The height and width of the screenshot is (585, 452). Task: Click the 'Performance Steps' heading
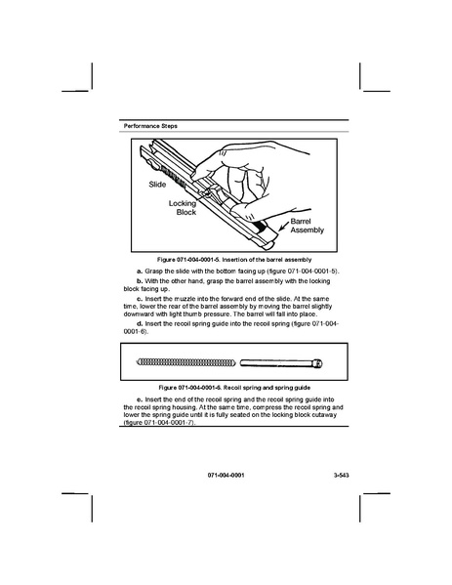coord(150,126)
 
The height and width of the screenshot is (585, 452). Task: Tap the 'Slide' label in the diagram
coord(157,185)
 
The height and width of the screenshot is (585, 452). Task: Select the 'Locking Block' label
coord(183,208)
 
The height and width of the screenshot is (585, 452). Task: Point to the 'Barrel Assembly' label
coord(307,226)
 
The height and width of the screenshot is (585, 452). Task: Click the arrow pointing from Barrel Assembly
coord(284,225)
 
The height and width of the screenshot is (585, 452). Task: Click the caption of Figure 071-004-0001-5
coord(234,260)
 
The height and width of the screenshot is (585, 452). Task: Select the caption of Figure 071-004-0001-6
coord(234,388)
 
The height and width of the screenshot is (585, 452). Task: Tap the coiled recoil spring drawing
coord(186,362)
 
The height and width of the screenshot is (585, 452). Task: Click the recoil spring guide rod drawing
coord(281,363)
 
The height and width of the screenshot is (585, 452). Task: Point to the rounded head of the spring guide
coord(318,363)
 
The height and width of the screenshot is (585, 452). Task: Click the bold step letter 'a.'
coord(140,272)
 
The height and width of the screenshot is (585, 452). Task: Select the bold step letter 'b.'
coord(140,281)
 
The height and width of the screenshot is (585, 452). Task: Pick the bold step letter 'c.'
coord(140,299)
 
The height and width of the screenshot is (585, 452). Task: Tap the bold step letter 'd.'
coord(140,324)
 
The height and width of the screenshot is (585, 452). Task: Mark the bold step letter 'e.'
coord(140,400)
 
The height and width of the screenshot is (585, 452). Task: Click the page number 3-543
coord(342,476)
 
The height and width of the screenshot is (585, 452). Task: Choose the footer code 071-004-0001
coord(226,476)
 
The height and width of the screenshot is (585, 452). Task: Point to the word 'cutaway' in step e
coord(326,415)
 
